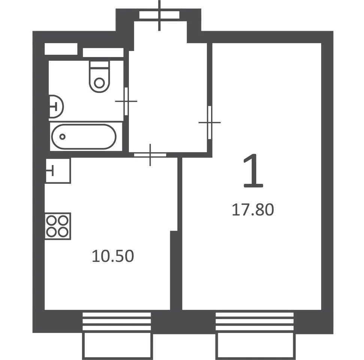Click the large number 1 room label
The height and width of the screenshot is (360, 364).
click(x=253, y=171)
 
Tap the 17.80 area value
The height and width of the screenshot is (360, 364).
click(x=253, y=210)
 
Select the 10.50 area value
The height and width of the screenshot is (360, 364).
click(x=113, y=256)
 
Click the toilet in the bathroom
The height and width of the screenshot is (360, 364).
click(x=99, y=77)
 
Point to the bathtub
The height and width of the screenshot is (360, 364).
click(x=84, y=136)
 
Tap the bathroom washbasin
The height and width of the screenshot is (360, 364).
click(x=56, y=106)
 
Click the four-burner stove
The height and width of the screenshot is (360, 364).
click(x=58, y=226)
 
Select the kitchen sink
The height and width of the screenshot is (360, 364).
click(x=58, y=171)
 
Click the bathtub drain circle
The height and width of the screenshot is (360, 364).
click(x=62, y=136)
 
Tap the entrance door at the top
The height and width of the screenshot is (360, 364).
click(x=159, y=15)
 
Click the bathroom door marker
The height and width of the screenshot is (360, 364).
click(x=126, y=101)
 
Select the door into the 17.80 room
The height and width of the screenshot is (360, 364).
click(x=210, y=122)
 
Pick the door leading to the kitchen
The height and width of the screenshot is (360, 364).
click(x=150, y=155)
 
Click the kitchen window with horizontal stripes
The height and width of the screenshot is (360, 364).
click(x=117, y=321)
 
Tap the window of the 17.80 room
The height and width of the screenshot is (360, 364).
click(x=255, y=321)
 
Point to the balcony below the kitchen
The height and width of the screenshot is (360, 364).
click(x=117, y=346)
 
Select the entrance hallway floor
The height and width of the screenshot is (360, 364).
click(x=168, y=97)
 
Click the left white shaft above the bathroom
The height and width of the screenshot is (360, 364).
click(x=61, y=49)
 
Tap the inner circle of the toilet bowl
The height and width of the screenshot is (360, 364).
click(x=100, y=83)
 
